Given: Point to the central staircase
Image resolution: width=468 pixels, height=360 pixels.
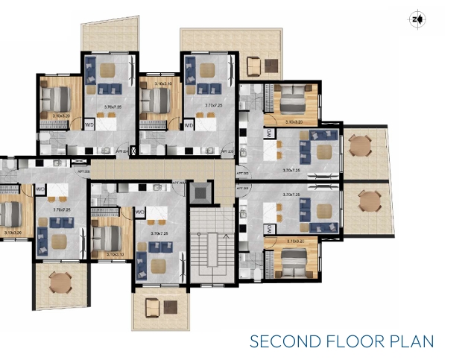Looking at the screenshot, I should (x=212, y=246).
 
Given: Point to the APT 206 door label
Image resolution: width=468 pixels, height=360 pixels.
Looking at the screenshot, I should (x=178, y=181).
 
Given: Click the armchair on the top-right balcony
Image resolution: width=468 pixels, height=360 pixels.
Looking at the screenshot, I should (x=253, y=67).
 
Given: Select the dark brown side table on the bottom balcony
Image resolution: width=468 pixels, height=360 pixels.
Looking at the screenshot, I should (x=171, y=307).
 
